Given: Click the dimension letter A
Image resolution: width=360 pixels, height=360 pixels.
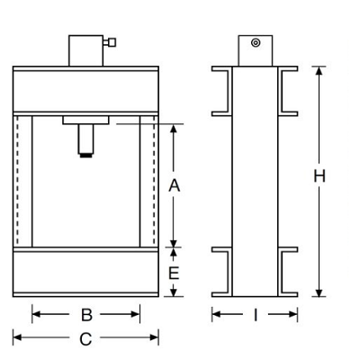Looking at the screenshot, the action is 174,185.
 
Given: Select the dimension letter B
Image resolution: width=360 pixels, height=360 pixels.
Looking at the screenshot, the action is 86,315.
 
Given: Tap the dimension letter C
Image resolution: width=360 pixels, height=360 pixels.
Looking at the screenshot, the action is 85,339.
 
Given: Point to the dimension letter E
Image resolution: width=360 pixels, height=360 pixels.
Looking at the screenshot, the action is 174,273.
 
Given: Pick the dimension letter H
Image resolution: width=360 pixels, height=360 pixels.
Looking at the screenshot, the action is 319,176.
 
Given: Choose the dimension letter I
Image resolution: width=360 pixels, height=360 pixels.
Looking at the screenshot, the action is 256,315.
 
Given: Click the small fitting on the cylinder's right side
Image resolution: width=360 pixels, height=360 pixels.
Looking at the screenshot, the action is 110,42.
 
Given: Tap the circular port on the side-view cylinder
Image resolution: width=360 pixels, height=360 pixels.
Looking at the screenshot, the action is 256,43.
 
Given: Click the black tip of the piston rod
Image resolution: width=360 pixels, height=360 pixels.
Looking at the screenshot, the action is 85,156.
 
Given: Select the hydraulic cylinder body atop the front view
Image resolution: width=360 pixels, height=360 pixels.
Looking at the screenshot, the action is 86,50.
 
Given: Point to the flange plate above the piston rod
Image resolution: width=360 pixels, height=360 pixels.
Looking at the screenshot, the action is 85,121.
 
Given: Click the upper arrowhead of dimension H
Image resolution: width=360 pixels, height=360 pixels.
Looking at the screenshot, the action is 319,71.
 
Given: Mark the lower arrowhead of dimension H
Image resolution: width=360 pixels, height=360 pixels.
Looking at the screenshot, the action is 319,292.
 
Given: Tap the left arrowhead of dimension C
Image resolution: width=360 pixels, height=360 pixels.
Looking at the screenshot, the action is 17,337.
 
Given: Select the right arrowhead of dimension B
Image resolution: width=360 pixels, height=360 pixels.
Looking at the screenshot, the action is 135,314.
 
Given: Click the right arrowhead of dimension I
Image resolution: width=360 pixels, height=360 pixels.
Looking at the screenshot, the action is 293,314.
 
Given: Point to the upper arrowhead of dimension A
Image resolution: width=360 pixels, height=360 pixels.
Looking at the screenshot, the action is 174,129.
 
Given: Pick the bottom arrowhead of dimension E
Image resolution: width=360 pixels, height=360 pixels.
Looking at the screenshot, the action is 174,292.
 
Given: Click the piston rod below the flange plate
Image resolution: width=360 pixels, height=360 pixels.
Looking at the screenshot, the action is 85,139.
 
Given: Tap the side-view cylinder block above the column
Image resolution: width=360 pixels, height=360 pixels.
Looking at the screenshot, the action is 256,50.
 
